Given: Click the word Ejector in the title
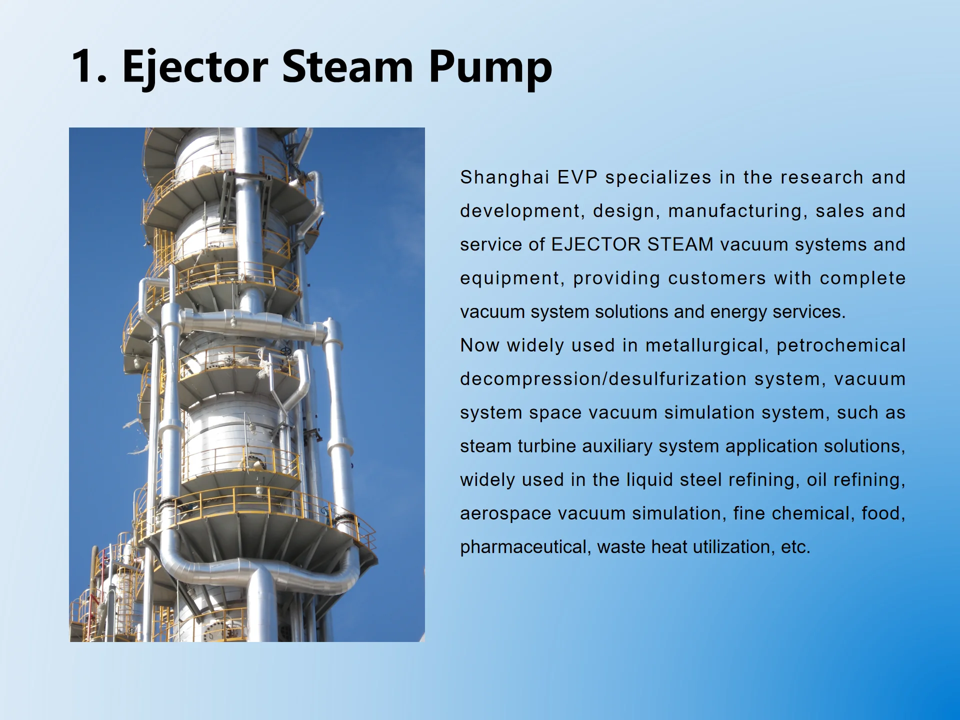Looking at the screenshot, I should point(195,66).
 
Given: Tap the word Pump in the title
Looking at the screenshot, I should point(490,66).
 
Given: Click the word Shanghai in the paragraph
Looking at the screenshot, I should point(504,177).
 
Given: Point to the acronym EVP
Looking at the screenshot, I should point(577,177).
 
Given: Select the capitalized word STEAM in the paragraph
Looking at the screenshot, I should point(680,244).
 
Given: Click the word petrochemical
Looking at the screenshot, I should point(841,345).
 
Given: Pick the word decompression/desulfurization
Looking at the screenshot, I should point(603,379).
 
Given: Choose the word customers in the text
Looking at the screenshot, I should point(716,278).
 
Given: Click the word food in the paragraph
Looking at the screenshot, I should point(882,513).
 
